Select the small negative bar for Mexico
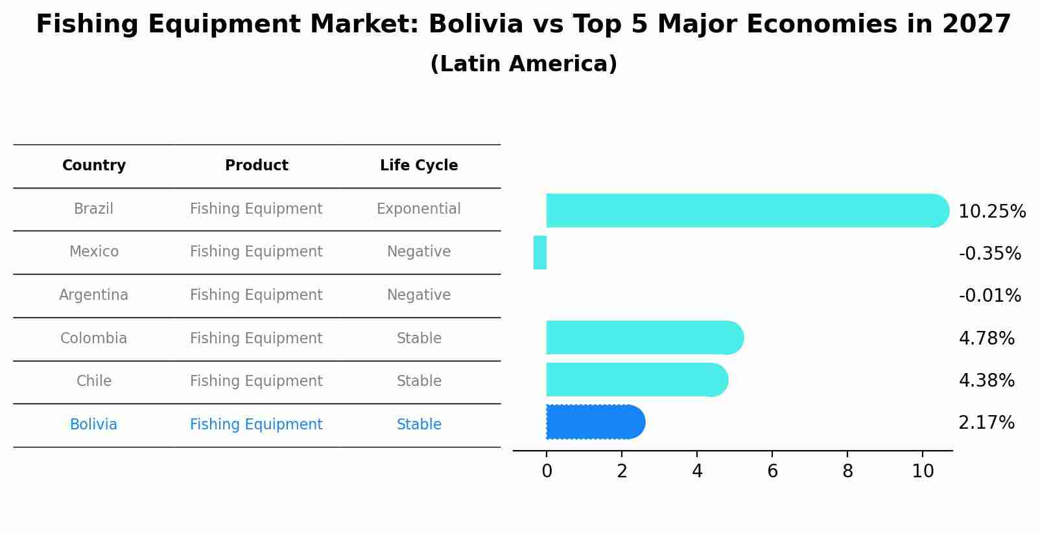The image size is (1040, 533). [x=540, y=253]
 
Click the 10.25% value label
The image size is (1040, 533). [x=991, y=212]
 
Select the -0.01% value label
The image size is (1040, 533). [x=989, y=296]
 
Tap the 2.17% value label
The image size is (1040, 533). [x=986, y=423]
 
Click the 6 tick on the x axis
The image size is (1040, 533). [x=772, y=471]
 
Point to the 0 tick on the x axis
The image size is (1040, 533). [x=547, y=471]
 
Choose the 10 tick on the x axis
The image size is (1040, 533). [x=923, y=471]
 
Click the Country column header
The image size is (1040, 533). [x=94, y=166]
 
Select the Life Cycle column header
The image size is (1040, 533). [x=419, y=166]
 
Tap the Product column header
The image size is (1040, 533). [x=256, y=166]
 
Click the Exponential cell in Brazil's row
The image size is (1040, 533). [x=419, y=209]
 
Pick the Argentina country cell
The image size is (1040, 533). [x=94, y=295]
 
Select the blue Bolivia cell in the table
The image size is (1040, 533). [x=94, y=425]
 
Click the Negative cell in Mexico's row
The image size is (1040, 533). [x=419, y=252]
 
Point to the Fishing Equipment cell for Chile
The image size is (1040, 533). [x=256, y=381]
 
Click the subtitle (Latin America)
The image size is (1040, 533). [x=523, y=64]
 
